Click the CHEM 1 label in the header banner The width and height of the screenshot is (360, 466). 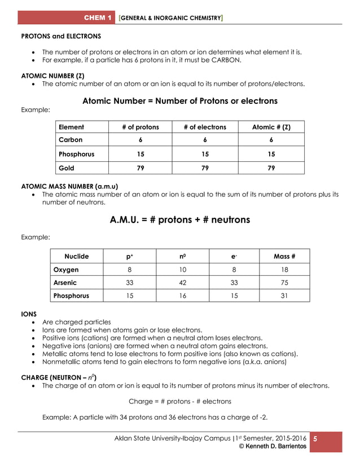tap(98, 18)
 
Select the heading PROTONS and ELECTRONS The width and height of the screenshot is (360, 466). tap(61, 36)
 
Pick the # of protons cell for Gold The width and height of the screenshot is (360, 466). tap(141, 168)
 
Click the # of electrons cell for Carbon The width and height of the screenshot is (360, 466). tap(205, 140)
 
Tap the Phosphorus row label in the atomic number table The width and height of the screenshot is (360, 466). tap(77, 153)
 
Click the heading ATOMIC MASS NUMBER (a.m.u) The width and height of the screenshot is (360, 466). tap(69, 185)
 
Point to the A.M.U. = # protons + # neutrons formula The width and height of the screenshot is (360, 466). tap(180, 219)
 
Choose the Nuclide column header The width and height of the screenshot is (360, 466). tap(77, 256)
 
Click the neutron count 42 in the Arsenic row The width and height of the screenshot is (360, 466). tap(182, 283)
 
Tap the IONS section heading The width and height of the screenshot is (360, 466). tap(29, 313)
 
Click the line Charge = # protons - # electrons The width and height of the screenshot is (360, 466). tap(180, 402)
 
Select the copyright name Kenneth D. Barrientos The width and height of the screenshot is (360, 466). tap(273, 446)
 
